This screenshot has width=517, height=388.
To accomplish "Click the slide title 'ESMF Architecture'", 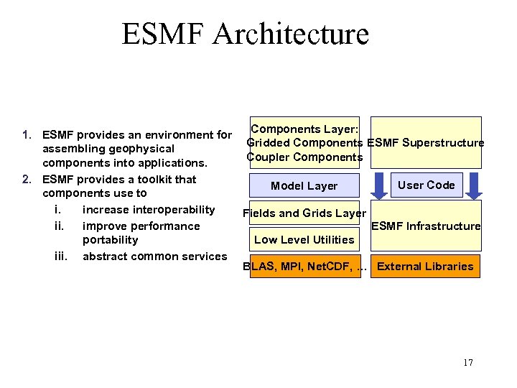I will [x=245, y=34].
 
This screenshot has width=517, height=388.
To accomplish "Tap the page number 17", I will [x=467, y=362].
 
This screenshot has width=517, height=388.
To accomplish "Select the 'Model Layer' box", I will [x=304, y=186].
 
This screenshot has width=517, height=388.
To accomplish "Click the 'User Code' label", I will [x=426, y=185].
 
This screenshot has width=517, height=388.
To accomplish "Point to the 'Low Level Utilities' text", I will [x=304, y=240].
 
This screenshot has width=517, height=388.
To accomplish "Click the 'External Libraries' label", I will [x=425, y=267].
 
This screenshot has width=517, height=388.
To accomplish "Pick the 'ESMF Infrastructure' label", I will [x=426, y=226].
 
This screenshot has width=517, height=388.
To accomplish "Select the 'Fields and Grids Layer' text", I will [x=304, y=213].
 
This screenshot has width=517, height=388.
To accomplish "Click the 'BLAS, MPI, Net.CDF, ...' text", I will [x=305, y=267].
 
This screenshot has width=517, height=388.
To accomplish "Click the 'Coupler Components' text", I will [x=304, y=157].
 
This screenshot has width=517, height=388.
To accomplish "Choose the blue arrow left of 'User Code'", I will [x=378, y=185].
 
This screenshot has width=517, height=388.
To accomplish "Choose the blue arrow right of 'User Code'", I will [x=473, y=185].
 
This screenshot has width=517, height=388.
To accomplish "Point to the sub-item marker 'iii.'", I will [x=62, y=256].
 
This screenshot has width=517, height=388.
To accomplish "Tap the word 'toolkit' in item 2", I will [x=154, y=180].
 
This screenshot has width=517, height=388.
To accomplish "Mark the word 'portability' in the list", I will [x=110, y=240].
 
